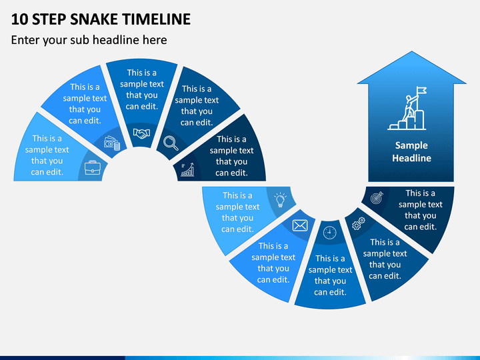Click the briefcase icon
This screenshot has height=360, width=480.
(93, 167)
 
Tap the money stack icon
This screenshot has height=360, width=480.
(112, 143)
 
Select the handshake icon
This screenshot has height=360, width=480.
(141, 133)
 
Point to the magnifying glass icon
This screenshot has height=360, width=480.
(171, 143)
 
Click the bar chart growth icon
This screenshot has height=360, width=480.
(187, 170)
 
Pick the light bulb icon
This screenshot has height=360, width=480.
(280, 200)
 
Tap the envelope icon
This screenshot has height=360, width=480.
(300, 225)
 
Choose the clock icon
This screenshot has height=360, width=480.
(330, 233)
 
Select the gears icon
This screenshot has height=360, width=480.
(359, 223)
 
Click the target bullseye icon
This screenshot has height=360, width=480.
(377, 198)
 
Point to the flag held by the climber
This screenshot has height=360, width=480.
(421, 90)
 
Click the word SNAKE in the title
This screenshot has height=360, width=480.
(95, 19)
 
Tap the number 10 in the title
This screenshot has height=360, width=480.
(19, 19)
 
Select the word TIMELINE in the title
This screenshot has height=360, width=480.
(157, 19)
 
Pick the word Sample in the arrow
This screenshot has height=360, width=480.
(411, 146)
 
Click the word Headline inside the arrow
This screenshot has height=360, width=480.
(412, 158)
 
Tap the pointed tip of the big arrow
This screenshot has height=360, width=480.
(412, 51)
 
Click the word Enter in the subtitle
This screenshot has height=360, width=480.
(25, 40)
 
